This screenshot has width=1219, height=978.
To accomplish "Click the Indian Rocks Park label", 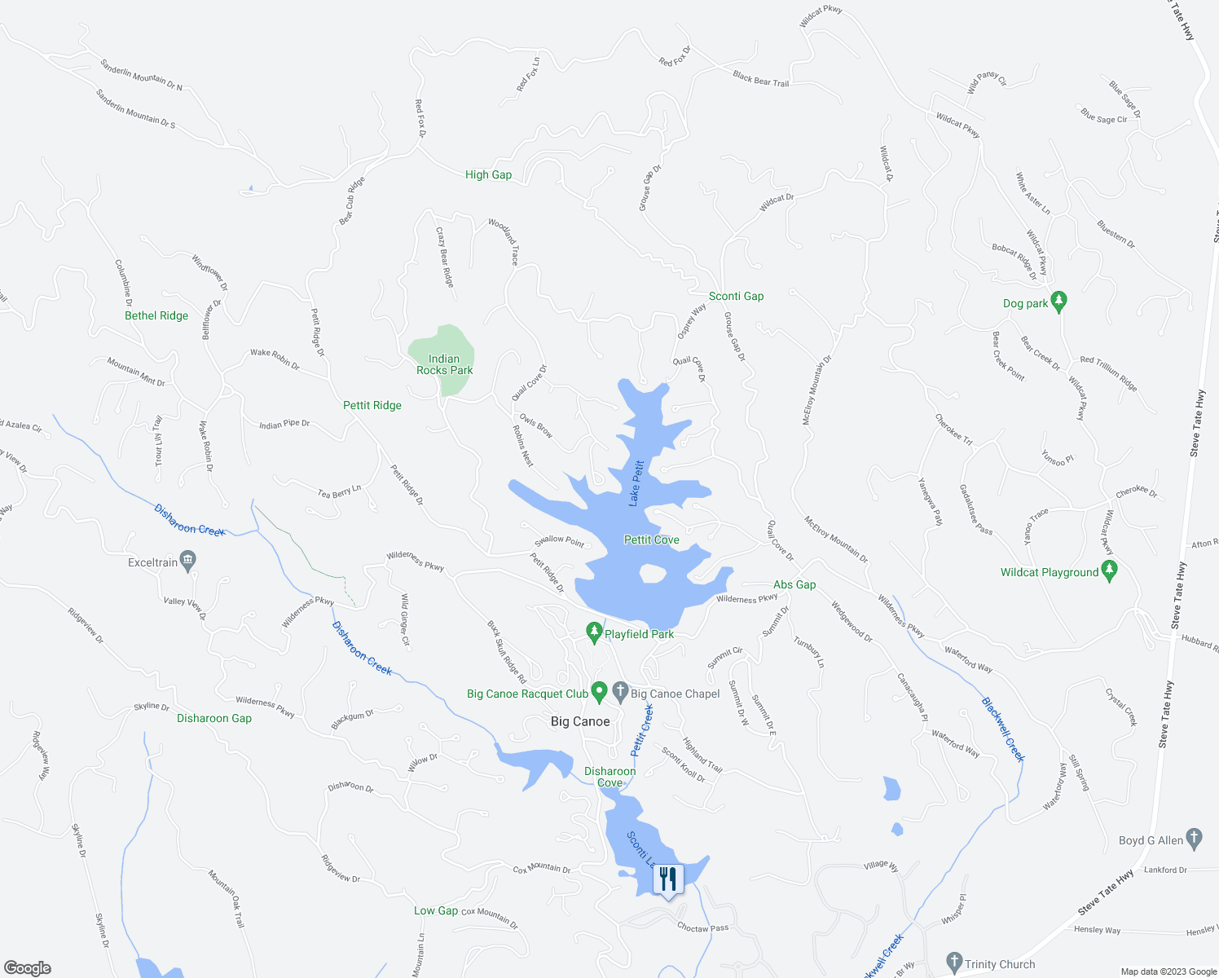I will coord(444,364).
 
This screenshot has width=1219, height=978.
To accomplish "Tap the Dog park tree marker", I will coord(1058,302).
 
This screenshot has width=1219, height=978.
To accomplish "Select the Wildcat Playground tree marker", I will coord(1108,571).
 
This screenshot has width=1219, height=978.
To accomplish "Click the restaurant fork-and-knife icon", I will coord(668,879).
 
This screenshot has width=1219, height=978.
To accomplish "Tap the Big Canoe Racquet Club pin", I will coord(599,693).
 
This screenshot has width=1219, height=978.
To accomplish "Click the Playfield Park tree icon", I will coord(595,632).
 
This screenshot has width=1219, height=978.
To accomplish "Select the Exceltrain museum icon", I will coord(188,561).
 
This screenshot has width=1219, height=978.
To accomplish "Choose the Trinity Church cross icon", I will coord(955,963).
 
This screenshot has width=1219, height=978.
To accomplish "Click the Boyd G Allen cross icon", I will coord(1194,839).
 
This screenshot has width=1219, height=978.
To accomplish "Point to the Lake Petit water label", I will coord(636,483).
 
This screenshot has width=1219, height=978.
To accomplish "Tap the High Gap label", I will coord(488,174).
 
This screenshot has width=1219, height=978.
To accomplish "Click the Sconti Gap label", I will coord(736,296).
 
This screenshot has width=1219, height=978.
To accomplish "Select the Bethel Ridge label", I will coord(156,315).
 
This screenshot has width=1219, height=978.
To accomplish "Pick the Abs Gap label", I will coord(794,584).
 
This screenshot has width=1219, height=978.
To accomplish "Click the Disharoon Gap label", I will coord(214,718).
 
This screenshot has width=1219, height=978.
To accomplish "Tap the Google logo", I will coord(27,967).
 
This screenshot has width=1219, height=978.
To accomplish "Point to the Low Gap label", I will coord(436,910).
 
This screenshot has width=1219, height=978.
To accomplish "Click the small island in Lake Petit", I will coord(653,574).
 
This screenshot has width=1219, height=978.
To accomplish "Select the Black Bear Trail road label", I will coord(760,79).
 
